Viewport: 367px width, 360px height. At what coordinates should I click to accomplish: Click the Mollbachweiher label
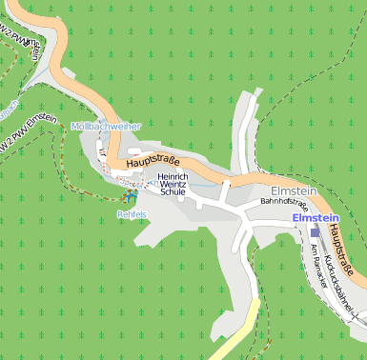click(106, 127)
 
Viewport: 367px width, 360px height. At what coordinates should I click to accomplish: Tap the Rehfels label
click(132, 214)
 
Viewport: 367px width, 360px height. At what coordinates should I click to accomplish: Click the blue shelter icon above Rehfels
click(130, 196)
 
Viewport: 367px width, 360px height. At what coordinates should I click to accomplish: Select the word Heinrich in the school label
click(173, 177)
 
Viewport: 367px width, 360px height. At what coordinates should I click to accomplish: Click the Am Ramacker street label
click(316, 266)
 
